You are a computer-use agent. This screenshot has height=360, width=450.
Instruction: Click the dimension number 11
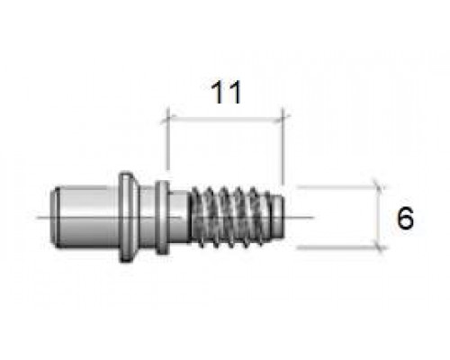pyautogui.click(x=226, y=92)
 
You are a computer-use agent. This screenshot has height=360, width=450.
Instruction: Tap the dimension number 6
pyautogui.click(x=405, y=218)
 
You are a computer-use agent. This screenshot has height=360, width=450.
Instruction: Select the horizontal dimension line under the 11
pyautogui.click(x=225, y=120)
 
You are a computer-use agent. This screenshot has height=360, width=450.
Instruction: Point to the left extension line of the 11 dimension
pyautogui.click(x=168, y=139)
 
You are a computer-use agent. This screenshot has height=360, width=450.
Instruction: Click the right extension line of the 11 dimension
pyautogui.click(x=283, y=147)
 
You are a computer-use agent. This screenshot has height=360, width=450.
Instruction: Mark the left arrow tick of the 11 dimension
pyautogui.click(x=167, y=119)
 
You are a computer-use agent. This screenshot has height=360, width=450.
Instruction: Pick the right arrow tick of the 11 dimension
pyautogui.click(x=283, y=119)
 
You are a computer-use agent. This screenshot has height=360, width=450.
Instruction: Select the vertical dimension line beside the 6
pyautogui.click(x=379, y=218)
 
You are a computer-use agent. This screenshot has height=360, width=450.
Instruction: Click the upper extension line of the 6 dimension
pyautogui.click(x=337, y=187)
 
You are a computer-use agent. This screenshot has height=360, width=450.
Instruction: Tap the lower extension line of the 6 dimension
pyautogui.click(x=337, y=247)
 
